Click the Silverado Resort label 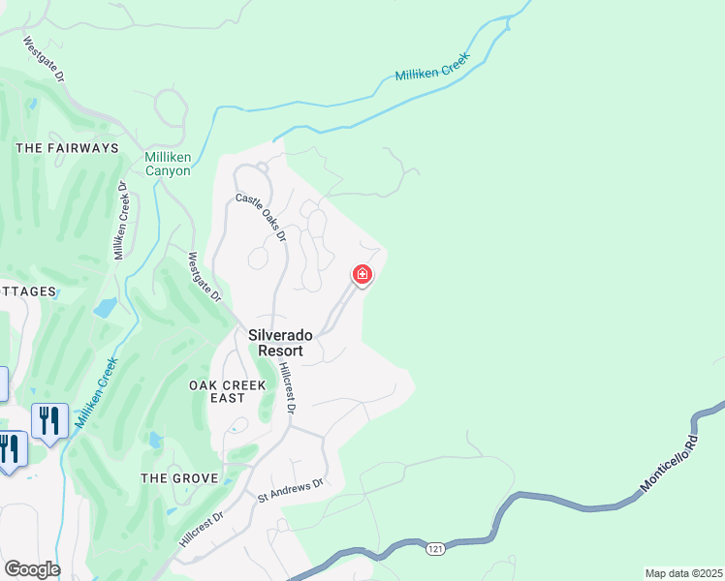click(x=280, y=342)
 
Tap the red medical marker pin click(x=362, y=276)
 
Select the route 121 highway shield click(x=434, y=549)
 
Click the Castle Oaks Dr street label click(x=262, y=217)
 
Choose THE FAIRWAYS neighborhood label click(x=67, y=148)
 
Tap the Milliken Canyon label click(x=168, y=164)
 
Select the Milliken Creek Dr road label click(x=121, y=221)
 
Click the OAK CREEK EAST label click(x=227, y=392)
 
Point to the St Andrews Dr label click(x=289, y=490)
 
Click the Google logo click(x=31, y=569)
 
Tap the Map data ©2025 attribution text click(x=683, y=573)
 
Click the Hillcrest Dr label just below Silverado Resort click(x=285, y=387)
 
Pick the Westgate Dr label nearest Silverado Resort click(x=205, y=277)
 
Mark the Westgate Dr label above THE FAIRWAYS click(x=44, y=59)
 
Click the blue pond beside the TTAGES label click(x=106, y=308)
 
